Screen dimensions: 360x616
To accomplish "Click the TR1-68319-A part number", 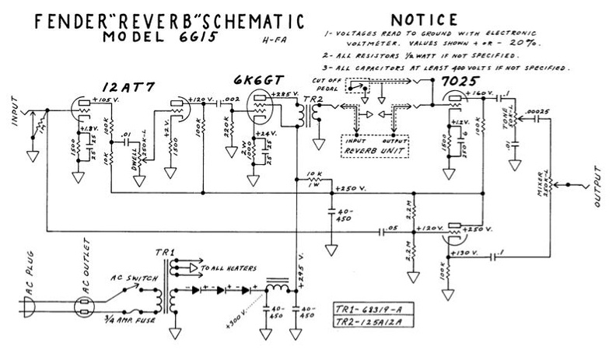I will point(370,306).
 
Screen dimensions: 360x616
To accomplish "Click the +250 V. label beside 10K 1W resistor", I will point(348,190).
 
